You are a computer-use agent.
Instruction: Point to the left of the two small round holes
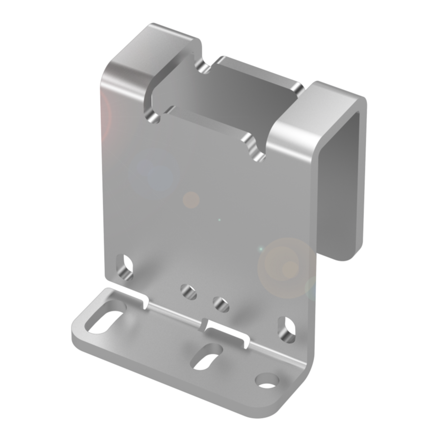point(189,291)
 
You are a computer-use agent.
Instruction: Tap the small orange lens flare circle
point(191,200)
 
